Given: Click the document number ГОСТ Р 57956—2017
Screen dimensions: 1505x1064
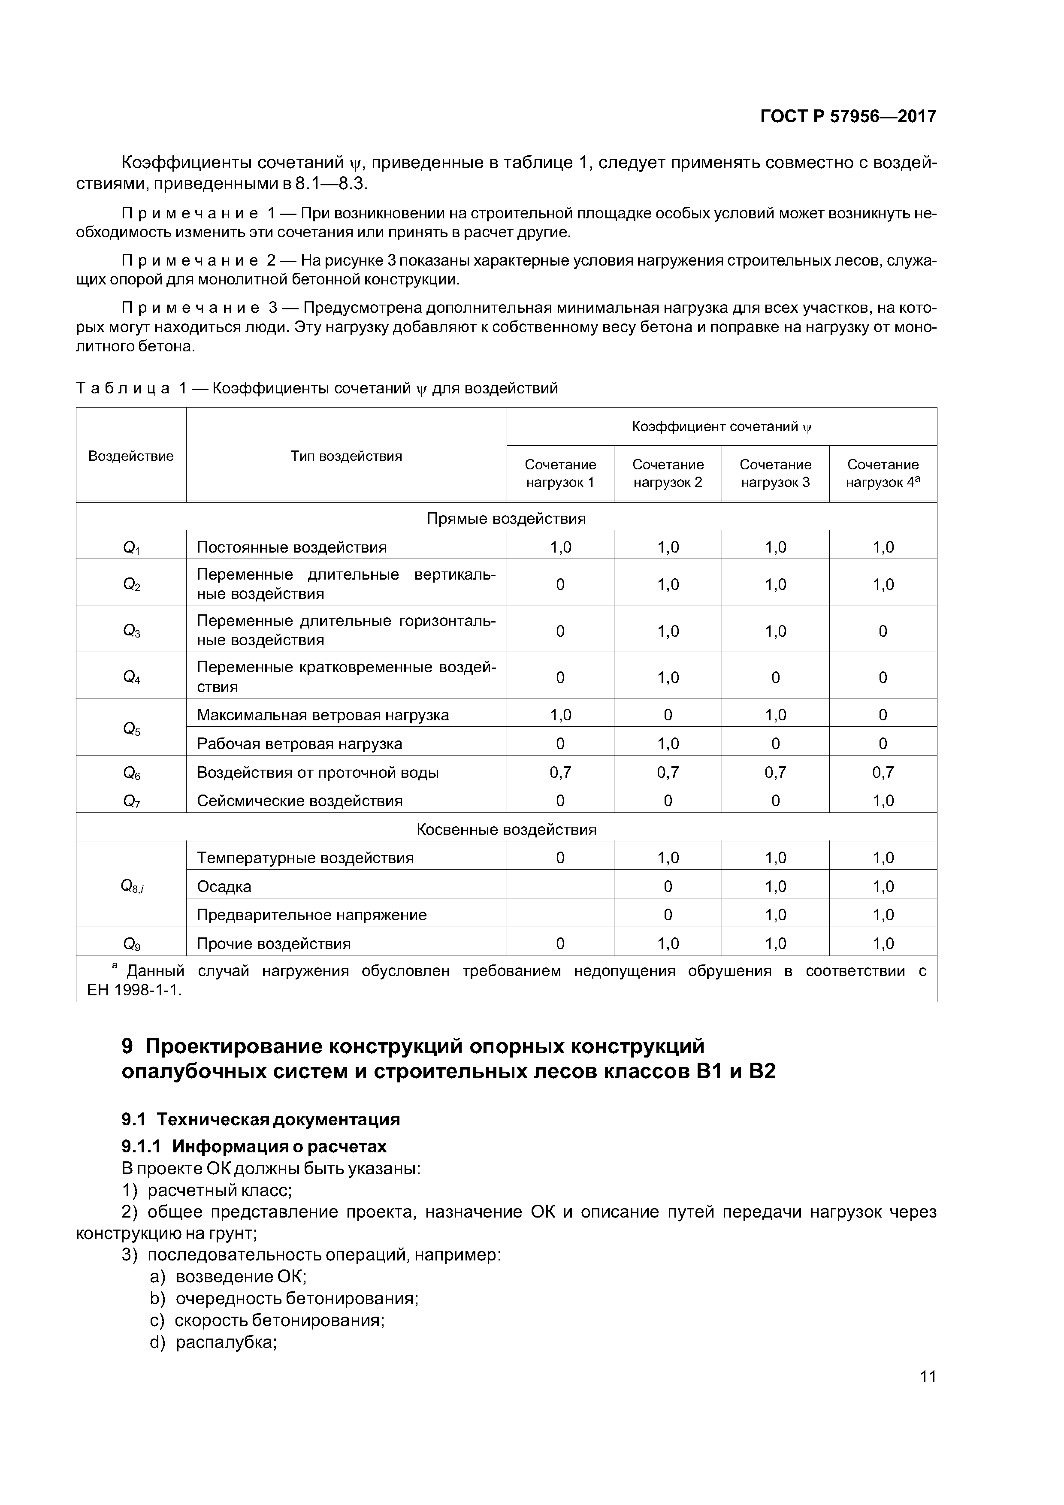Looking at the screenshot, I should tap(848, 117).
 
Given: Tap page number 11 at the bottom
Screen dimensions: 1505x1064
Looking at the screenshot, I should tap(928, 1394).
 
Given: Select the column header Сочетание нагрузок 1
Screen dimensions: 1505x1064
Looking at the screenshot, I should tap(560, 473).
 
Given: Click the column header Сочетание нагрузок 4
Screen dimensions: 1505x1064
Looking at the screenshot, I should tap(883, 473).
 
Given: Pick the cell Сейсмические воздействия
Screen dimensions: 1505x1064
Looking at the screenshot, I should tap(299, 801).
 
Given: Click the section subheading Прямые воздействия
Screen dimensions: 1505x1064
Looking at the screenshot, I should tap(506, 519).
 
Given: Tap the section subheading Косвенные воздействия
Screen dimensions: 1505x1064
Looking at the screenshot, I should tap(506, 829).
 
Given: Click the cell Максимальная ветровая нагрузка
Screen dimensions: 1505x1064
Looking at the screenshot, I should tap(323, 715).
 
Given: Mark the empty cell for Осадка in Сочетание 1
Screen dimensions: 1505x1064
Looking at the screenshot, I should tap(560, 886).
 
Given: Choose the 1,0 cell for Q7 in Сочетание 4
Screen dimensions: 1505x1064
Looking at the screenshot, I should tap(883, 801).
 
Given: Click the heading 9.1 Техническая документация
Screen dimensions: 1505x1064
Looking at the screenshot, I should tap(261, 1119).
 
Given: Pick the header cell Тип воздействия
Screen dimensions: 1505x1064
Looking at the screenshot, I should tap(346, 456).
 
